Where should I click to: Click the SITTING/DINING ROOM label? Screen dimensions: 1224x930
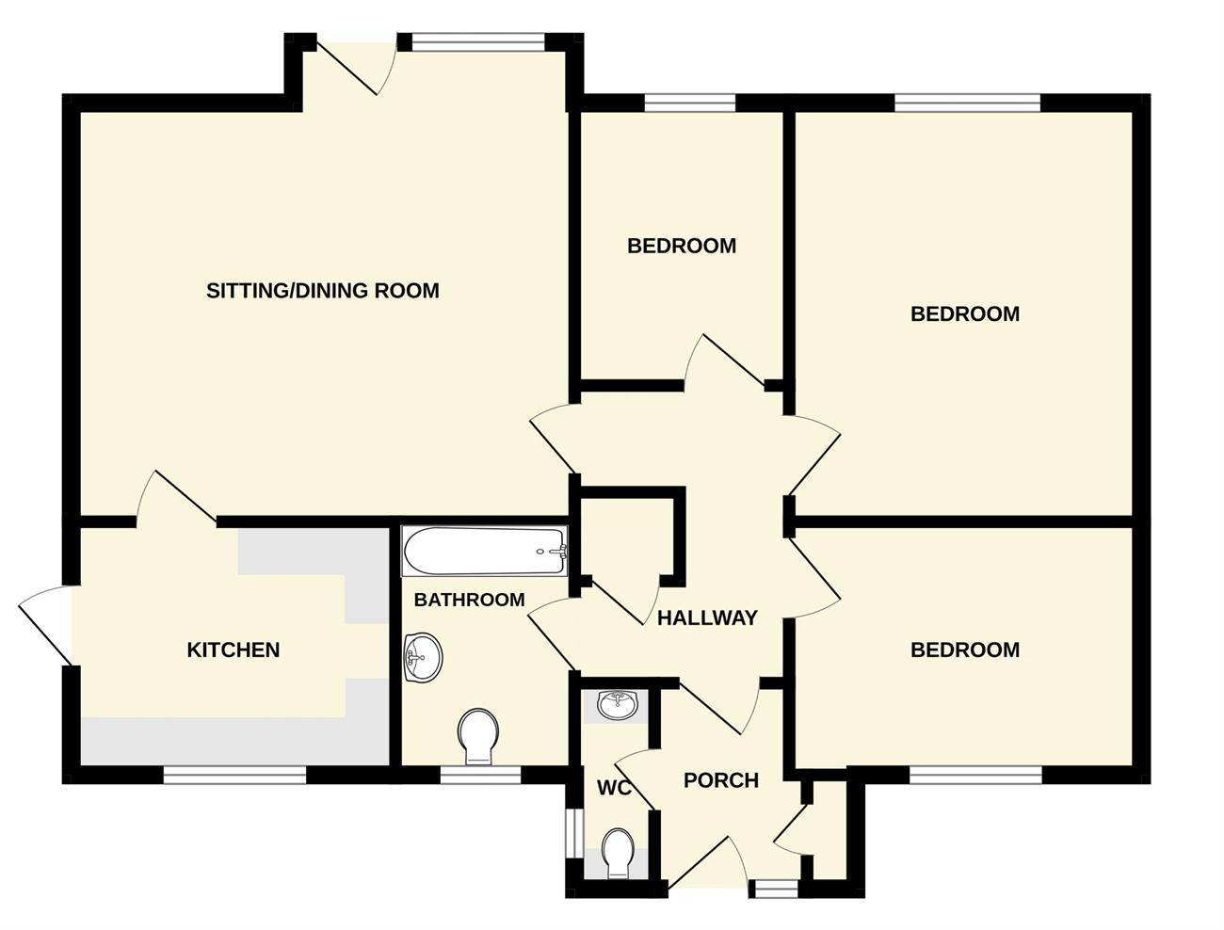pos(322,290)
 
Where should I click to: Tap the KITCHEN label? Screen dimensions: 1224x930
pos(234,649)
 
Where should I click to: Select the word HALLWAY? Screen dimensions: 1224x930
pos(707,617)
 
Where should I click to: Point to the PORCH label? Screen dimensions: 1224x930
pos(721,780)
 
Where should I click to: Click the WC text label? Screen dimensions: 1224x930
pos(614,787)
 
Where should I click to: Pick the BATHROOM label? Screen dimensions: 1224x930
pos(470,600)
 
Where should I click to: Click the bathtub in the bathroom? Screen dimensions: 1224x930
pos(485,551)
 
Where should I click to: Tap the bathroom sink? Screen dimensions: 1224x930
pos(422,658)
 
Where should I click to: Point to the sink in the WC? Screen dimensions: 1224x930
pos(616,706)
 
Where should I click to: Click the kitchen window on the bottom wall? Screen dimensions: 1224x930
pos(234,775)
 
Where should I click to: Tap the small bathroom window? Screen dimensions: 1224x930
pos(481,775)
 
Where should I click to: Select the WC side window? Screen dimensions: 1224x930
pos(573,834)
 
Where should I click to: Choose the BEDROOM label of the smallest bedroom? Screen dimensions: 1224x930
pos(682,246)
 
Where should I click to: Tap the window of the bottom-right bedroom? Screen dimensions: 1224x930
pos(975,775)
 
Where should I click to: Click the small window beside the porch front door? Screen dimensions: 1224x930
pos(773,889)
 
